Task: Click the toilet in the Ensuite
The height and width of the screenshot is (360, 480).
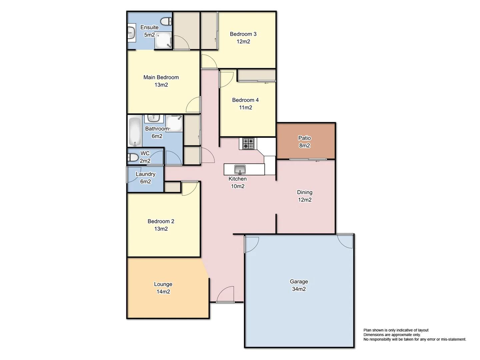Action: coord(166,21)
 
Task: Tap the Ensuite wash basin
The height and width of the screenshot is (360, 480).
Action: coord(131,33)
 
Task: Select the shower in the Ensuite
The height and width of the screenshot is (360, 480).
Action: coord(164,40)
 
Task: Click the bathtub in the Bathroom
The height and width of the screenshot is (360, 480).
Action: coord(135,131)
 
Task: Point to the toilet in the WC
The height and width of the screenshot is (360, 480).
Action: coord(133,157)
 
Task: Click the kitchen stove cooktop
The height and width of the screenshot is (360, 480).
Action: coord(248,144)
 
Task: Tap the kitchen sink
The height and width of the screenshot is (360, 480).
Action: coord(240,169)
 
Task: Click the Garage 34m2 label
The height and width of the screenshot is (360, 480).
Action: coord(299,285)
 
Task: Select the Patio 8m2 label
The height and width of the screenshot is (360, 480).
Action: coord(304,142)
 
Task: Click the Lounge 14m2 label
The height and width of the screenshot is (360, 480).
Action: coord(163,288)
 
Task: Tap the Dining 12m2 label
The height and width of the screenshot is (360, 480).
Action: coord(305,196)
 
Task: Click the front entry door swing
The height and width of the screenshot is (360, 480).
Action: coord(226,294)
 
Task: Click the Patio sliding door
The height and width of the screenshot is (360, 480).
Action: coord(308,160)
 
